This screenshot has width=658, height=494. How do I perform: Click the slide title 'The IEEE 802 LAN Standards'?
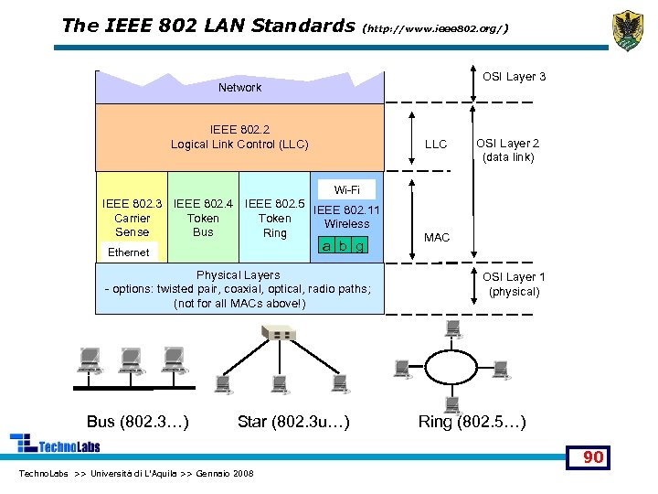tap(207, 25)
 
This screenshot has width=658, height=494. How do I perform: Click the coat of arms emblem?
tap(627, 29)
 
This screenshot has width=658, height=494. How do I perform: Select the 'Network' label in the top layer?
tap(239, 88)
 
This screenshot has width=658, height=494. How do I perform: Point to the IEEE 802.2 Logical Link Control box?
tap(239, 136)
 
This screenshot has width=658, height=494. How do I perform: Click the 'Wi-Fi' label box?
tap(346, 190)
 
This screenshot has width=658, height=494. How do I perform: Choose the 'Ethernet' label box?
tap(128, 252)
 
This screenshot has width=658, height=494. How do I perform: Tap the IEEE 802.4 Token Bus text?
tap(203, 218)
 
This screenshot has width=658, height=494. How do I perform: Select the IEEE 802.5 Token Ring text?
tap(274, 219)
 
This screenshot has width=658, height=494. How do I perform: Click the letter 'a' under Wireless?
tap(326, 245)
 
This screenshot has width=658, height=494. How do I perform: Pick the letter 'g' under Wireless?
tap(360, 245)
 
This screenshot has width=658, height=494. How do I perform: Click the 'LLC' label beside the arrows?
tap(436, 145)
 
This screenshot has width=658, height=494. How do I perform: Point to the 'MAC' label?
tap(437, 238)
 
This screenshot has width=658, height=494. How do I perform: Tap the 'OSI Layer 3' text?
tap(514, 77)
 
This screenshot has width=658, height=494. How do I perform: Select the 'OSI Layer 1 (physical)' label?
tap(514, 285)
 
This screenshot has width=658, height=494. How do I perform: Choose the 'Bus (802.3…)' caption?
tap(138, 422)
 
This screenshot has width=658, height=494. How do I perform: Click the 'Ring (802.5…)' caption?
tap(472, 422)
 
